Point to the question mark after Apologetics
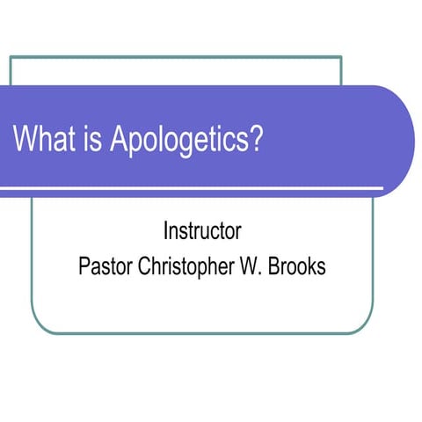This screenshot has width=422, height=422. tap(257, 140)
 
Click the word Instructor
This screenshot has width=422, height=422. tap(202, 233)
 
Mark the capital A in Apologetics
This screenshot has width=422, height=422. tap(118, 140)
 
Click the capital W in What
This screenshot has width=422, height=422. tap(25, 140)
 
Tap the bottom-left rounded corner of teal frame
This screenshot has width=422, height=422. tap(37, 327)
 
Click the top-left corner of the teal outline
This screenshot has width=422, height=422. tap(11, 57)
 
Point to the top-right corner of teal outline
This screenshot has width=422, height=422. tap(341, 57)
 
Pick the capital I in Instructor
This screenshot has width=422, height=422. tap(166, 233)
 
